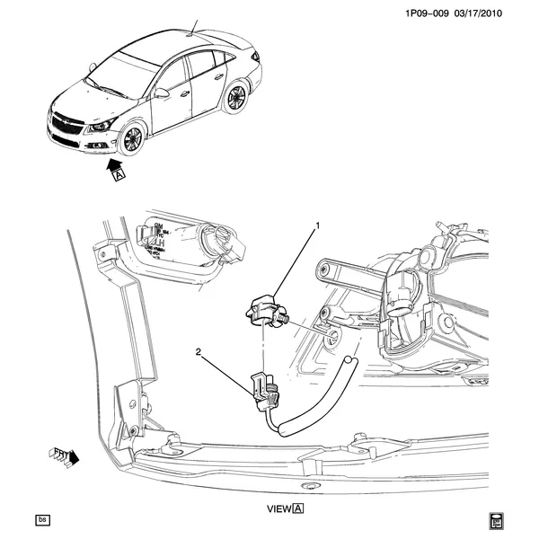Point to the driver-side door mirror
coord(161,93)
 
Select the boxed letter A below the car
coord(119,177)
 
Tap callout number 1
coord(317,225)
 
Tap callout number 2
coord(198,352)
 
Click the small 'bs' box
coord(42,520)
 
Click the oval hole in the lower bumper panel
coord(311,486)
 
